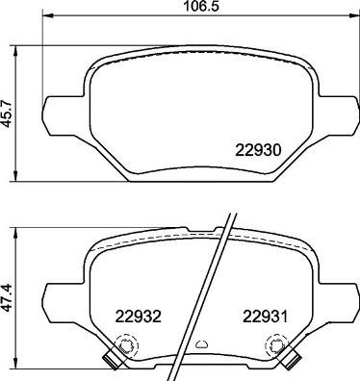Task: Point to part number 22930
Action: [258, 150]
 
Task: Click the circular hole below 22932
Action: [123, 345]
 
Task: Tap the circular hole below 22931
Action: [277, 345]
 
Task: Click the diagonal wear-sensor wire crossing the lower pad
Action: [215, 289]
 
